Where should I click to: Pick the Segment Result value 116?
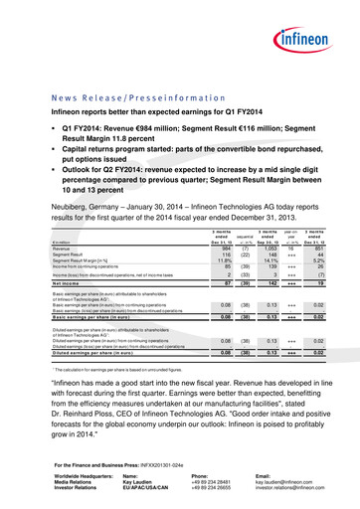coord(228,257)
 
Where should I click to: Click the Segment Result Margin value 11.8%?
coord(226,263)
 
